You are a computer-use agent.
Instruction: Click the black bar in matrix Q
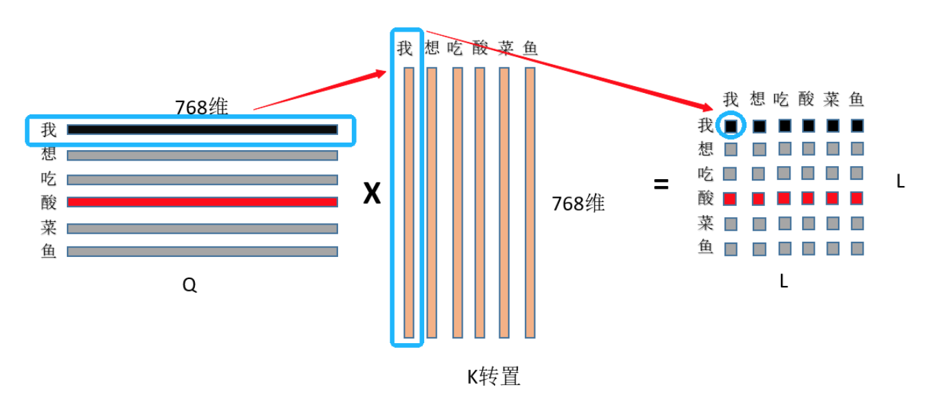(202, 130)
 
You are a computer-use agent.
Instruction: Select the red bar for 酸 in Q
(202, 202)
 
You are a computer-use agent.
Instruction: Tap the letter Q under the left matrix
(189, 285)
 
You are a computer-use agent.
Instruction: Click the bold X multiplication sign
(372, 195)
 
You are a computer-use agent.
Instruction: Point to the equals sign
(661, 185)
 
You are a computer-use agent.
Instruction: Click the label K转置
(494, 376)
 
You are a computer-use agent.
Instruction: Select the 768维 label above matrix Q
(201, 107)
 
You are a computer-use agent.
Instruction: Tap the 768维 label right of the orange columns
(578, 203)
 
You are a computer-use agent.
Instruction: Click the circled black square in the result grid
(731, 126)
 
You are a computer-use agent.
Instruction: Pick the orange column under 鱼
(530, 203)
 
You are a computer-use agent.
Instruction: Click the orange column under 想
(432, 203)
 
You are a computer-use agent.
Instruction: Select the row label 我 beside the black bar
(48, 130)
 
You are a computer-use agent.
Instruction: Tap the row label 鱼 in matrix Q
(48, 251)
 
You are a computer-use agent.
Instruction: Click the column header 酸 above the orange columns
(480, 48)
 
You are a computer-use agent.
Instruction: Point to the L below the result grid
(784, 281)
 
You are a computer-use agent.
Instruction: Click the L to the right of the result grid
(900, 182)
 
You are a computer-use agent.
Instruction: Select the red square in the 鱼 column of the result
(857, 198)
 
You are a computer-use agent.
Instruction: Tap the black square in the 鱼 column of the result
(857, 126)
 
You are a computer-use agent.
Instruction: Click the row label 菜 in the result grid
(706, 223)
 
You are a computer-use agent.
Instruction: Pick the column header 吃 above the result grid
(781, 99)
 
